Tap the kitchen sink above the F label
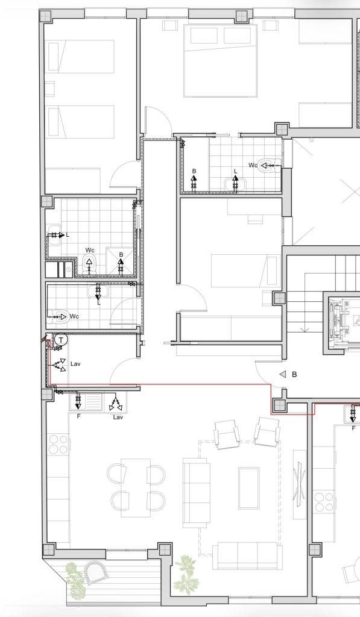point(86,402)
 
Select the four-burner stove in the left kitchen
point(58,444)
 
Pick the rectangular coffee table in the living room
point(248,488)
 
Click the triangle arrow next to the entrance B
point(282,375)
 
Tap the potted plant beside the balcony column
point(185,573)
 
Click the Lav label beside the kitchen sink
point(118,417)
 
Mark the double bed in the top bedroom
point(221,60)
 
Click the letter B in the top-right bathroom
point(194,171)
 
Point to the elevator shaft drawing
point(343,323)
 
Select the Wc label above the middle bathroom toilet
point(90,250)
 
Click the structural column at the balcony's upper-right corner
point(165,550)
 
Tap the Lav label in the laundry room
point(75,363)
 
